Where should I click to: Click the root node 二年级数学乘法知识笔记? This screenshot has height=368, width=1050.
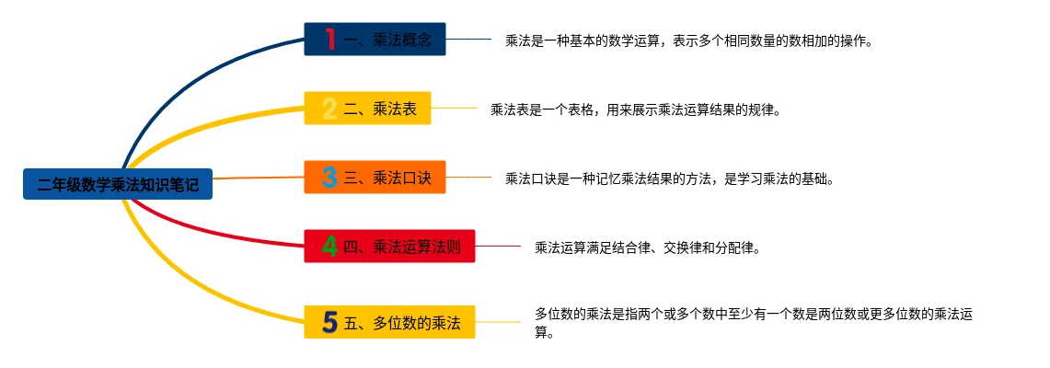pyautogui.click(x=118, y=185)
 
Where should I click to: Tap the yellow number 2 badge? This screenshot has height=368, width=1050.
pyautogui.click(x=329, y=109)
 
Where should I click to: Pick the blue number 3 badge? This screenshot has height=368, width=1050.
pyautogui.click(x=329, y=177)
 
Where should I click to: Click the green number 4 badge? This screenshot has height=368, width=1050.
pyautogui.click(x=329, y=246)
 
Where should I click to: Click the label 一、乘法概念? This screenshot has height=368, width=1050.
pyautogui.click(x=387, y=40)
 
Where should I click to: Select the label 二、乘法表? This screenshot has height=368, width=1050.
pyautogui.click(x=380, y=109)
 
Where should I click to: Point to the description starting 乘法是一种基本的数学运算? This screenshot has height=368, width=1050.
pyautogui.click(x=687, y=41)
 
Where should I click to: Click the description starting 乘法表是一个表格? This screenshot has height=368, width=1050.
pyautogui.click(x=635, y=110)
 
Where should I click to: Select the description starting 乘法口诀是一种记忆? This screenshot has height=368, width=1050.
pyautogui.click(x=669, y=178)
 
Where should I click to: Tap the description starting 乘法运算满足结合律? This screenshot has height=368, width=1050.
pyautogui.click(x=647, y=247)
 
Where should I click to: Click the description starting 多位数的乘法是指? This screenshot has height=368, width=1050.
pyautogui.click(x=754, y=323)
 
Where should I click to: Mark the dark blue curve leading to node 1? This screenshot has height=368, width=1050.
pyautogui.click(x=184, y=83)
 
